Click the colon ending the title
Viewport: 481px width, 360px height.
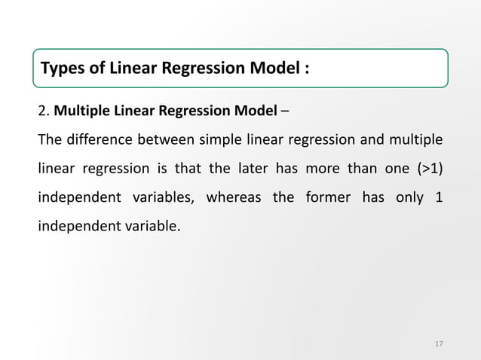pos(307,71)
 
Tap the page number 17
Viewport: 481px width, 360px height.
pos(440,344)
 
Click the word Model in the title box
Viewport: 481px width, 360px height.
pos(276,70)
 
